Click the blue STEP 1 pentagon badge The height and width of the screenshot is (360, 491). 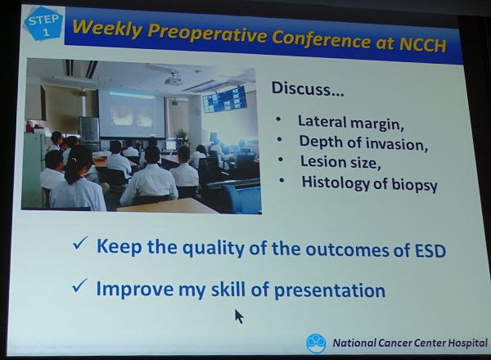(x=44, y=24)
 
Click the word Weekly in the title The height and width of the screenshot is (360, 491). (x=107, y=29)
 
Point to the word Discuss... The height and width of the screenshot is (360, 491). (x=307, y=88)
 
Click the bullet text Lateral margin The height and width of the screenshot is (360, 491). (x=351, y=122)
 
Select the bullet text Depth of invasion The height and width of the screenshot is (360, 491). (x=363, y=142)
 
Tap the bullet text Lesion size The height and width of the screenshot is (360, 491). (x=340, y=162)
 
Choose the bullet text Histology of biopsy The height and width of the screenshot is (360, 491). (x=369, y=183)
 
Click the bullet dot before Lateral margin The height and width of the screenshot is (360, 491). (x=278, y=119)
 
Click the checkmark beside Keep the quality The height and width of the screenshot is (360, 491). (x=80, y=243)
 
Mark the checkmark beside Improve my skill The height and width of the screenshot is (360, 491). (x=79, y=286)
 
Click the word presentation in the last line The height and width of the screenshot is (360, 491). (x=330, y=290)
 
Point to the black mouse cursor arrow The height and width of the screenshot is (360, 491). (x=239, y=316)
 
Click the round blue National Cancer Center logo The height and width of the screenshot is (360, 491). (x=316, y=343)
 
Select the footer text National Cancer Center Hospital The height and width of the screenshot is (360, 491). (x=410, y=343)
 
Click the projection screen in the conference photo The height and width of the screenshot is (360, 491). (x=132, y=114)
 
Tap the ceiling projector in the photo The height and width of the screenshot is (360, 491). (x=173, y=78)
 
